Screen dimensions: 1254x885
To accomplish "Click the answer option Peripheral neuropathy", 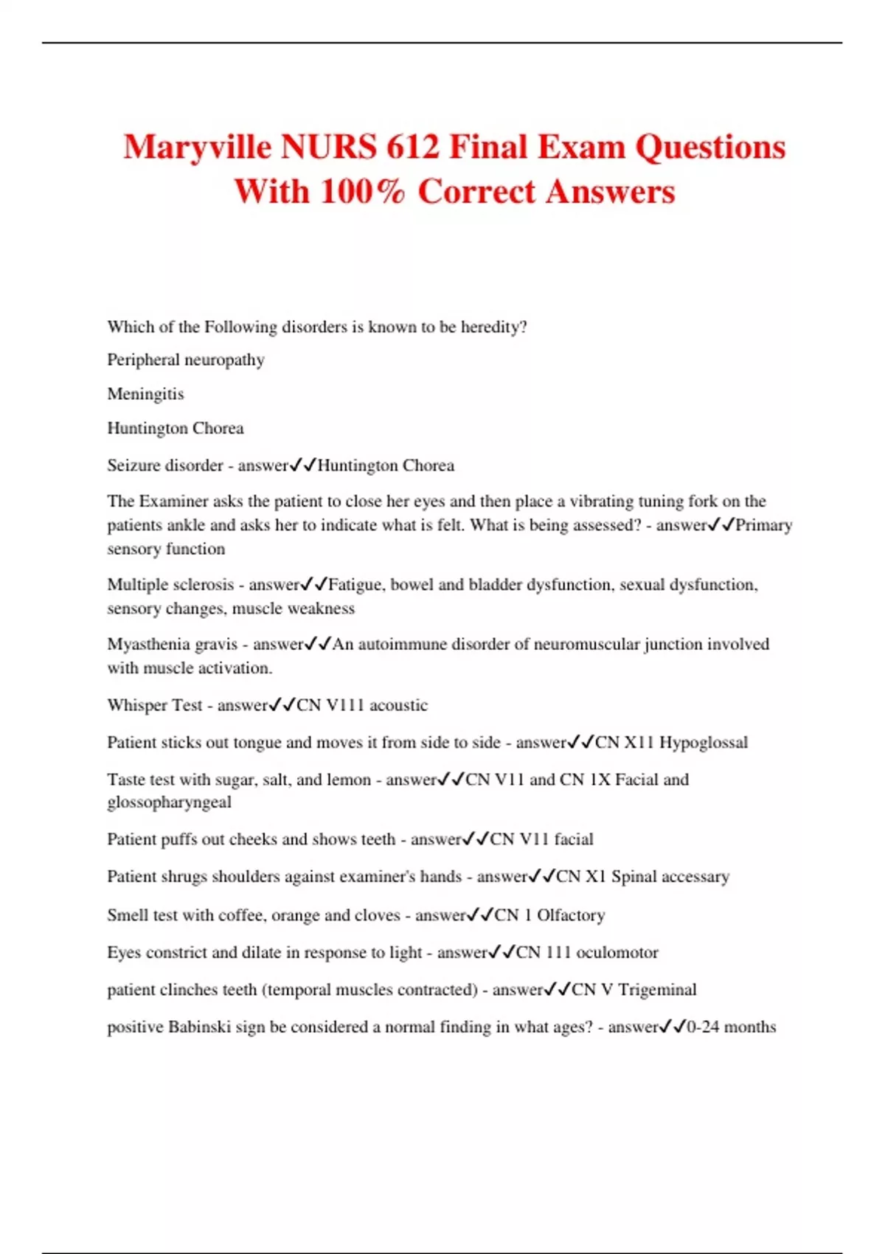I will (x=186, y=360).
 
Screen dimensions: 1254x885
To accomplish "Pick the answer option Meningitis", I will (x=145, y=394).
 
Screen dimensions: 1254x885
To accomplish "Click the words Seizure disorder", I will (x=164, y=465).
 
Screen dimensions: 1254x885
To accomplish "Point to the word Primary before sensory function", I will (x=764, y=525).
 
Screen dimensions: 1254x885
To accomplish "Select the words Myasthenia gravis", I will (x=172, y=645).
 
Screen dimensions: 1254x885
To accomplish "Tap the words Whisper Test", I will (x=154, y=705).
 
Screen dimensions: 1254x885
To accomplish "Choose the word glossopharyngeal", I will (x=169, y=802).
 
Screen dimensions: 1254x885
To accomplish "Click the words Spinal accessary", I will (x=670, y=876).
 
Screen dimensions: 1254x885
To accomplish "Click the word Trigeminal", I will (x=656, y=990).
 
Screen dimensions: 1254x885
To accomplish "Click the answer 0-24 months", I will (x=731, y=1027).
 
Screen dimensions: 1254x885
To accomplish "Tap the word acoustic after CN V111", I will (x=398, y=705).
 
